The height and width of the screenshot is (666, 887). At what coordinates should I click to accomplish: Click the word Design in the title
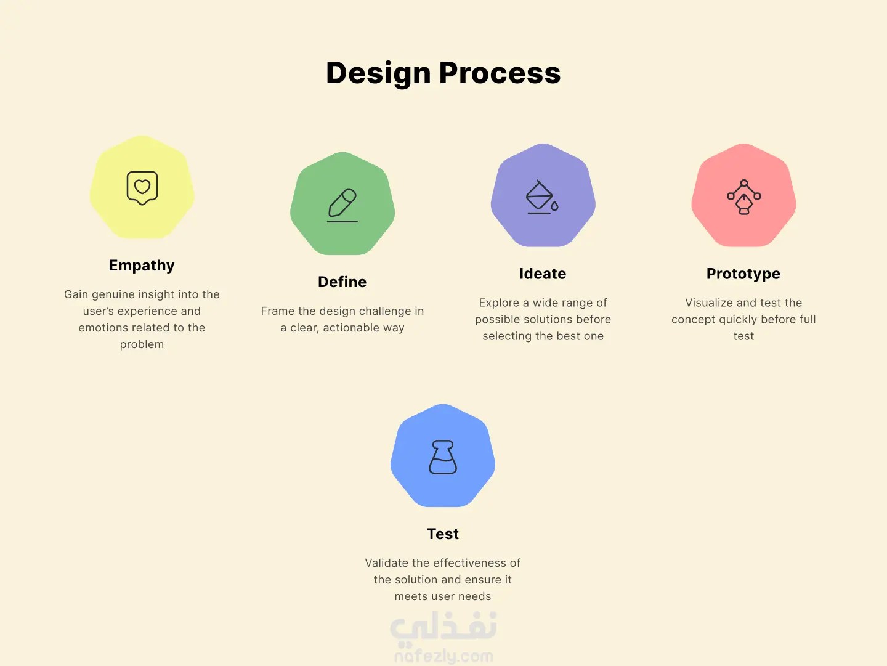click(x=378, y=73)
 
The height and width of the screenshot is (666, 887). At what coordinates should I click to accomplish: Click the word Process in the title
click(x=500, y=73)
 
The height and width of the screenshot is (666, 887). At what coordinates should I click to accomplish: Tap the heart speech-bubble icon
click(x=142, y=188)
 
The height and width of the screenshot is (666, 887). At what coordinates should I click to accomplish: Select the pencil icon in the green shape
click(x=342, y=205)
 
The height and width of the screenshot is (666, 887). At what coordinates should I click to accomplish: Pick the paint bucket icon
click(x=542, y=197)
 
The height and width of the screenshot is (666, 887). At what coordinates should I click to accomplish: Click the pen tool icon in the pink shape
click(x=744, y=197)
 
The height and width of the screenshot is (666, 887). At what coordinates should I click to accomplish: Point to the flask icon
click(x=443, y=457)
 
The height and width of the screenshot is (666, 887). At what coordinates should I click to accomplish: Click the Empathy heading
click(x=142, y=266)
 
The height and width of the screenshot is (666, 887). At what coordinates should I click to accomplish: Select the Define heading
click(x=342, y=282)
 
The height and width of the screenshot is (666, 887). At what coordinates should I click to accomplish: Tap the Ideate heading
click(x=543, y=274)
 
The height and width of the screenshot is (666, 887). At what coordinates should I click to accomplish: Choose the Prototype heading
click(x=743, y=274)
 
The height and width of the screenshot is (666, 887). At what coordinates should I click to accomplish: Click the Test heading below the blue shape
click(x=443, y=534)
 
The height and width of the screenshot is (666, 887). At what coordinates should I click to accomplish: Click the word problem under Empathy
click(x=142, y=344)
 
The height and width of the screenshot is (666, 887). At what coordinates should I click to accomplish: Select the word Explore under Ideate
click(x=499, y=303)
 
